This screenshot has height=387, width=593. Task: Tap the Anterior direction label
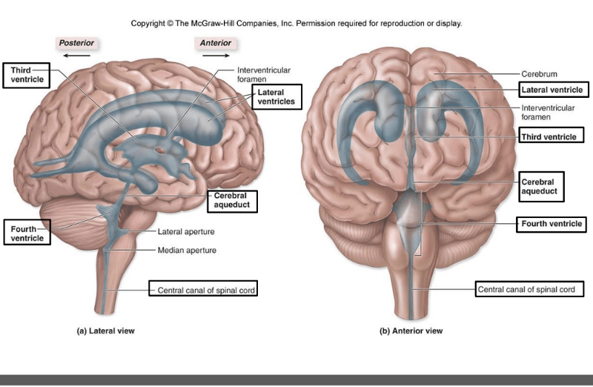216,43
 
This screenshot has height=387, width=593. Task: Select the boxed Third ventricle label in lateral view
27,74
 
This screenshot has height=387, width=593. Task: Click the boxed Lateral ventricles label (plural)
276,96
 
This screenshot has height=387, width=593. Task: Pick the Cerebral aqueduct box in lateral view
232,199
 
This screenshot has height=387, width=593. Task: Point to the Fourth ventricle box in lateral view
27,233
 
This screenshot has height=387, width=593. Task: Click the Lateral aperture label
186,232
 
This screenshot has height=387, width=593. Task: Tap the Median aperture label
186,251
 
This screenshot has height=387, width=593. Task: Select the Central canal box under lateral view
202,290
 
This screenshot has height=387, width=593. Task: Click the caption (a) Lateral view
106,331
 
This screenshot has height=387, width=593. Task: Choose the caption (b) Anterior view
411,331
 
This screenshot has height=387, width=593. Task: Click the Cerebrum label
539,74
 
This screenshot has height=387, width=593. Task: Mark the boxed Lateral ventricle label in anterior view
551,90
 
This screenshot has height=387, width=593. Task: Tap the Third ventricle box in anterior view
550,136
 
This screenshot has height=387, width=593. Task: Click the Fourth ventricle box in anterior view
550,223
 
